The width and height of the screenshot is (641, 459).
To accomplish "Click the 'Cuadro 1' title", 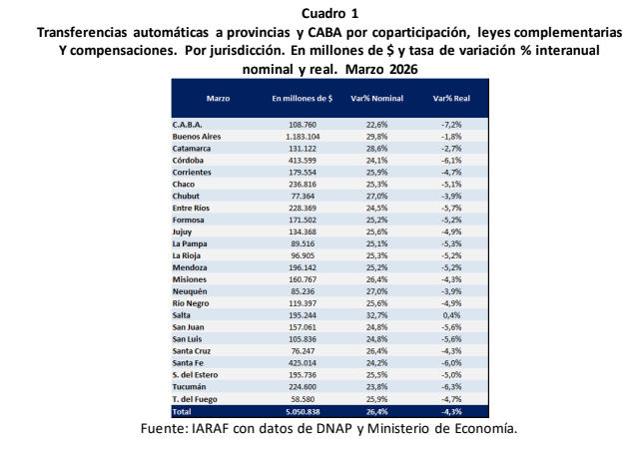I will [x=320, y=13].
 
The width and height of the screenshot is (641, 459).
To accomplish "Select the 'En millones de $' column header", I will [x=302, y=100].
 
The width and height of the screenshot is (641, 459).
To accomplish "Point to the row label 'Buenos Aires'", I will [x=197, y=136].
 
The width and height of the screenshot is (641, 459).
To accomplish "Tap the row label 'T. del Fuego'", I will [x=197, y=397].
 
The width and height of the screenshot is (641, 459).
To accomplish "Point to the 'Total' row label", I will [x=182, y=410].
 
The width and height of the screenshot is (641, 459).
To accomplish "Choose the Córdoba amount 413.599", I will [x=304, y=160].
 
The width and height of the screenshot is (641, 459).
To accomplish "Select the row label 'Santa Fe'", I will [x=190, y=362].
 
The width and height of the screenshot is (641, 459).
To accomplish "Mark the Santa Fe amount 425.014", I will [x=304, y=362].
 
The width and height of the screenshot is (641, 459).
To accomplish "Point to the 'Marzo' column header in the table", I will [x=219, y=100].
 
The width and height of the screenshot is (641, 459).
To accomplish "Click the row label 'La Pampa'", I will [x=190, y=242].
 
